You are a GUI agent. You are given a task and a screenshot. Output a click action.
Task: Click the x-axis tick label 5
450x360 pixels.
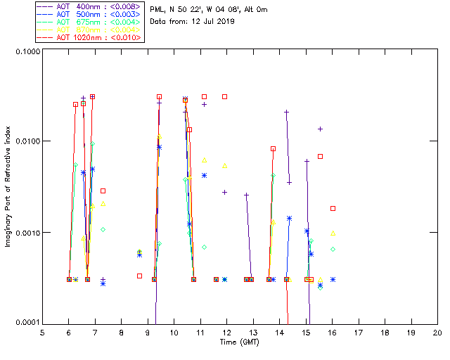click(x=42, y=332)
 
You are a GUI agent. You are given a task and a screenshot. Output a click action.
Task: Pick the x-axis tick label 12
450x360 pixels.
click(x=226, y=332)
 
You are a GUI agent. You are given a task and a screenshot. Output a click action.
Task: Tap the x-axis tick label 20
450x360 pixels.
click(x=437, y=332)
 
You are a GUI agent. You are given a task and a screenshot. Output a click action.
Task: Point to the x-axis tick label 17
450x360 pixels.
click(x=359, y=332)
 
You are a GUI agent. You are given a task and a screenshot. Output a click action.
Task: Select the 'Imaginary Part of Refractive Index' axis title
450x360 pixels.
click(x=9, y=186)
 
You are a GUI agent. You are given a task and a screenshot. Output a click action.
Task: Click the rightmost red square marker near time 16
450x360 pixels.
click(x=333, y=208)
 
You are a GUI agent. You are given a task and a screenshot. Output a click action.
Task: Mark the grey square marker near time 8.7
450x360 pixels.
click(x=139, y=276)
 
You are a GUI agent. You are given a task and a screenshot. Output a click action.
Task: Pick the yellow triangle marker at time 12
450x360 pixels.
click(x=225, y=166)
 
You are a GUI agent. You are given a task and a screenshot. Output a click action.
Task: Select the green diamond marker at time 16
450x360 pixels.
click(x=333, y=249)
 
